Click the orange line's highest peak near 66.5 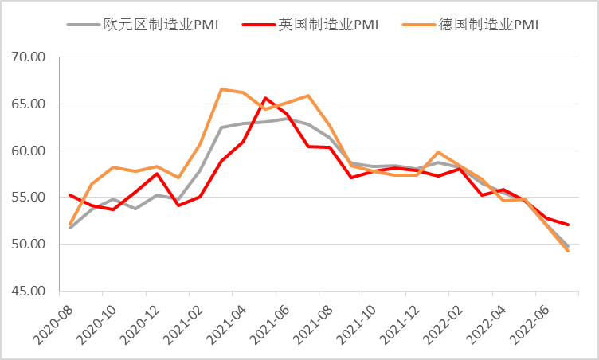(x=221, y=89)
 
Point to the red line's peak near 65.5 (x=265, y=98)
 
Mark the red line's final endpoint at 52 (x=568, y=225)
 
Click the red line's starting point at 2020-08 (x=70, y=194)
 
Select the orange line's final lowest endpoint (x=568, y=251)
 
